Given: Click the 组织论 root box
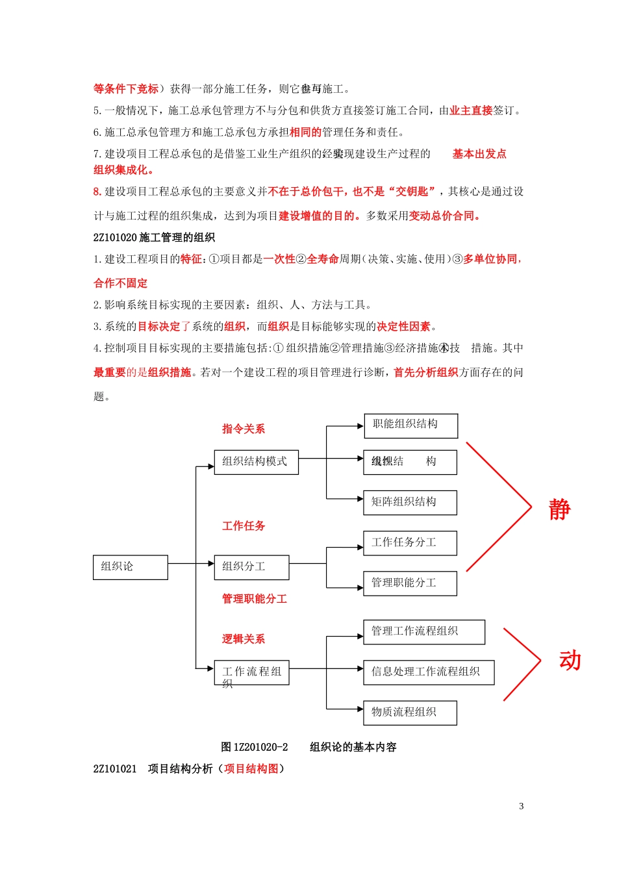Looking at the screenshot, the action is [x=130, y=567].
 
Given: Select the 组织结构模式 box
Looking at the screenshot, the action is [x=256, y=462].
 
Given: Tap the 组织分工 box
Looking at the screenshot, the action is [x=251, y=567].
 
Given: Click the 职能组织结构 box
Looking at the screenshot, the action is [x=410, y=425].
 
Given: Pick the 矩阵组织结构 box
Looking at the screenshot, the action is [x=410, y=503].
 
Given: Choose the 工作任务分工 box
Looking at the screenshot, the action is [x=410, y=543].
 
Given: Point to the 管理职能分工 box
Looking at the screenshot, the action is [x=410, y=583].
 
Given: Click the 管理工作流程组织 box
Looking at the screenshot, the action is [x=423, y=632].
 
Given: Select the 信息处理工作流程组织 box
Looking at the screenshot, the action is [x=429, y=672].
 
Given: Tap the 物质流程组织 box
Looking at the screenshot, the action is [x=410, y=713].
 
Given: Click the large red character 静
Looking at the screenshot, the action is [x=559, y=510].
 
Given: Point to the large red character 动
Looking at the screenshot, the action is [x=570, y=661].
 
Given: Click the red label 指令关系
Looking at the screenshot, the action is [x=244, y=429].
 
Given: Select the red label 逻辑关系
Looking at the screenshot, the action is [x=244, y=639].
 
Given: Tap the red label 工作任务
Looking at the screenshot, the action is [x=244, y=526].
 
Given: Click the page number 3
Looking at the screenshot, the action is [x=521, y=806].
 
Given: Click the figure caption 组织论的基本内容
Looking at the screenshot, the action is [x=353, y=747].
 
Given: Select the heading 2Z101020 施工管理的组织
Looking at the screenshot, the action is [x=154, y=238].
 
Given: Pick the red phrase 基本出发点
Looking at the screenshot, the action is [x=479, y=154].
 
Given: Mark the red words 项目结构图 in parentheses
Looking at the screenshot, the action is [x=251, y=769].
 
